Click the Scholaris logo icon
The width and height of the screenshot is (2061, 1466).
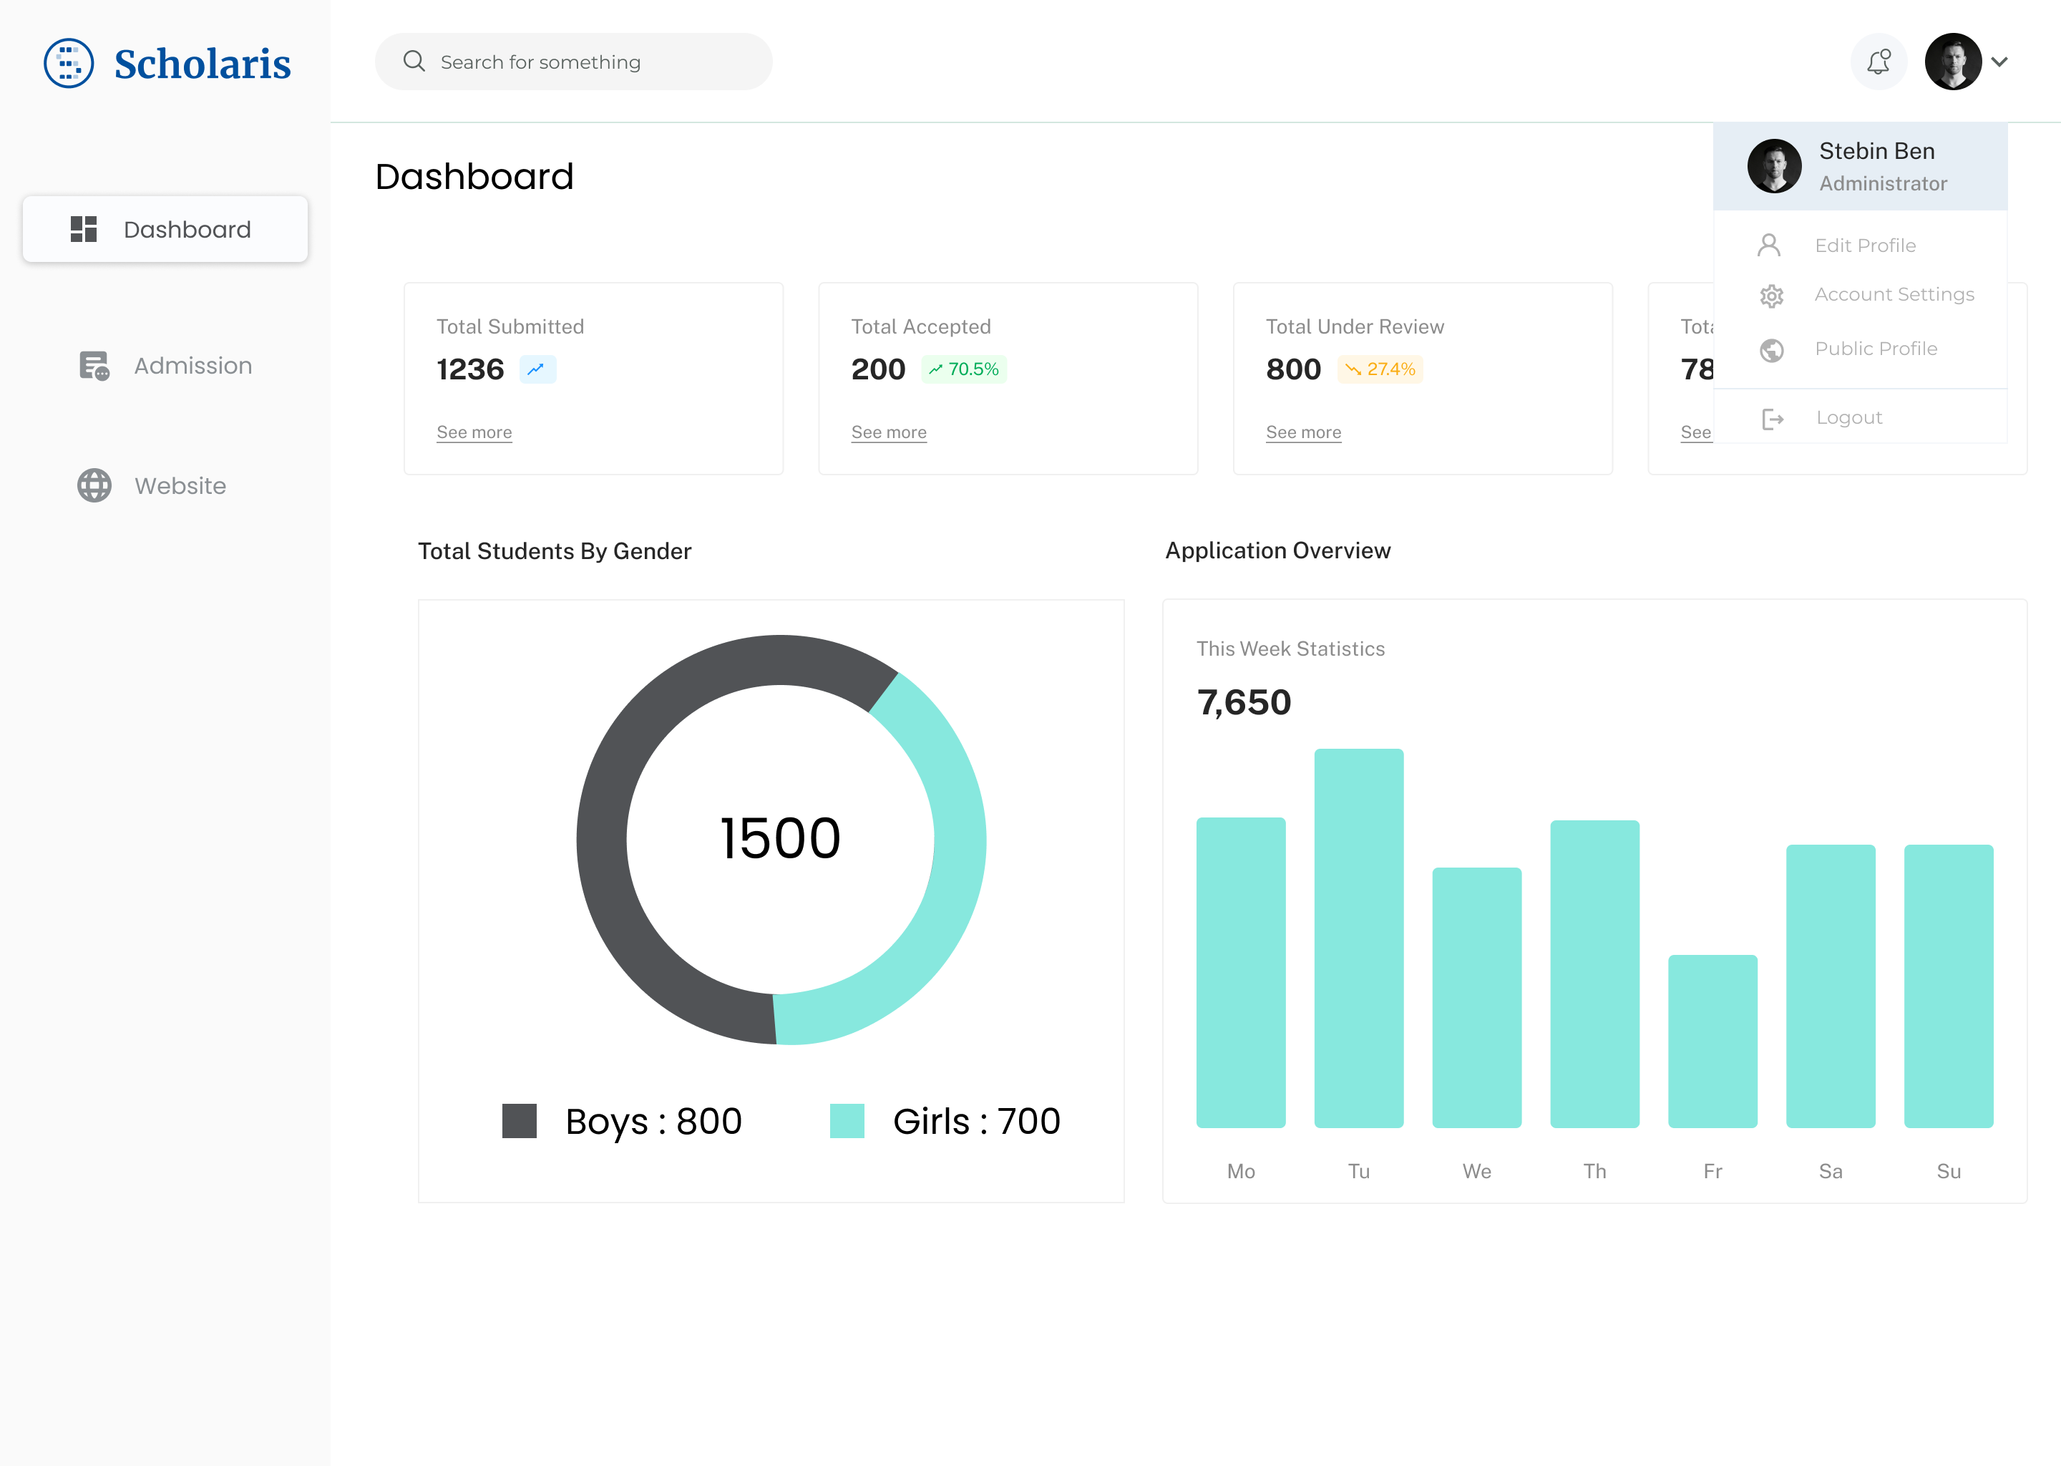[69, 63]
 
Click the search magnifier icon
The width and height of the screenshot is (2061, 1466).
[414, 62]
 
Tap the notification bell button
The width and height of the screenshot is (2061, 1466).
[1879, 62]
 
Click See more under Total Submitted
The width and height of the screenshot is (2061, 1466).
[474, 432]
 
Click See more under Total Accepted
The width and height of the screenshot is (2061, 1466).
[888, 432]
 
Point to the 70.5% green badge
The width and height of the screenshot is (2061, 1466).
[964, 369]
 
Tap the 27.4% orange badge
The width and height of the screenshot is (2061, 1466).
[1380, 369]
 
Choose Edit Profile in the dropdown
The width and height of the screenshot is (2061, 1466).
[1864, 246]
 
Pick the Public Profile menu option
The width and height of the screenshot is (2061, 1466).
[1875, 349]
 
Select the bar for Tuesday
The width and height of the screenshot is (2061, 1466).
[1358, 939]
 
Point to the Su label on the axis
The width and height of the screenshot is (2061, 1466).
[1948, 1171]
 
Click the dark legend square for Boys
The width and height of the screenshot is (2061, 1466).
[519, 1121]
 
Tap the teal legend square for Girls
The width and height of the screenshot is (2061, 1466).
[847, 1121]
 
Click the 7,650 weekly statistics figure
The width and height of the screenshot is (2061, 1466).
[1244, 702]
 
